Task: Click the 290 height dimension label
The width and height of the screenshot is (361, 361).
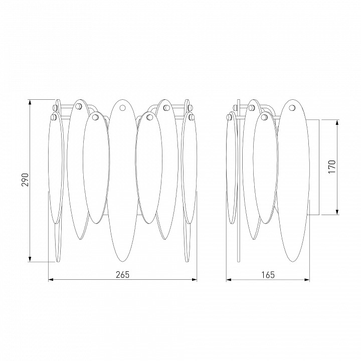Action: (25, 180)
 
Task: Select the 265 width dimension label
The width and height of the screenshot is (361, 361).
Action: (123, 275)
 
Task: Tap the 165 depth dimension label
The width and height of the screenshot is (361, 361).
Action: (268, 275)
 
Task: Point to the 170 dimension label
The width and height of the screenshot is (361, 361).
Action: (332, 166)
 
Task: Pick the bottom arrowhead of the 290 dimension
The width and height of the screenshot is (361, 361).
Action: (30, 259)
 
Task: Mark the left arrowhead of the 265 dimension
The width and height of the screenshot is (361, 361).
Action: (51, 280)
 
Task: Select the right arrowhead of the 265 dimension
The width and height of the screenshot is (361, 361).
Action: (195, 280)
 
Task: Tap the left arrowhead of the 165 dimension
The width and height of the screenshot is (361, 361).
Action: (229, 280)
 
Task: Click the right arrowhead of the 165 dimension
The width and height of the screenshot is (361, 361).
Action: (307, 280)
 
